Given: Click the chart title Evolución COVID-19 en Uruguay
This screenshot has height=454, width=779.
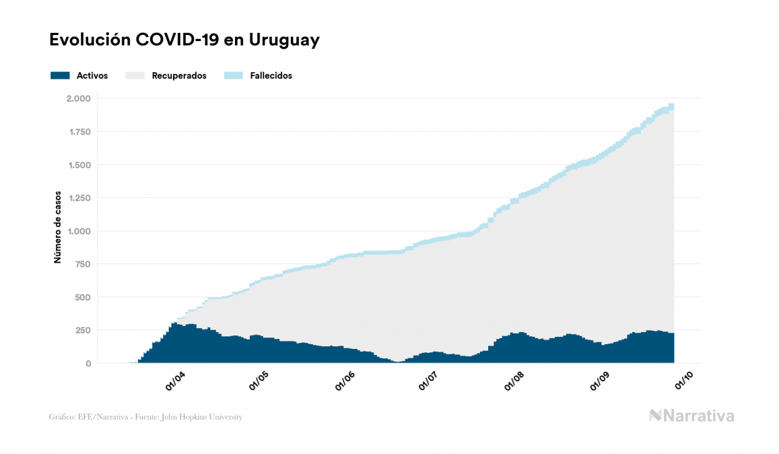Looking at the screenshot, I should (x=184, y=40).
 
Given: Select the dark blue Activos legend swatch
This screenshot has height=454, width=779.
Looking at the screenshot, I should (x=60, y=75).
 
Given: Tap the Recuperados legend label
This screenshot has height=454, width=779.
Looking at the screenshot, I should (x=179, y=75).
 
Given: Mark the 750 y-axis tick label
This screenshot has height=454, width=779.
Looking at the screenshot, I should (x=83, y=264).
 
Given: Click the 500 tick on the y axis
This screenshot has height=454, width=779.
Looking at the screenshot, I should (x=83, y=297).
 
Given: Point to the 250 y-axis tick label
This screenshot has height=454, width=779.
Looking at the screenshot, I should (x=83, y=330).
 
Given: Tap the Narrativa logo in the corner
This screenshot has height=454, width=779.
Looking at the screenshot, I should (x=691, y=416).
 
